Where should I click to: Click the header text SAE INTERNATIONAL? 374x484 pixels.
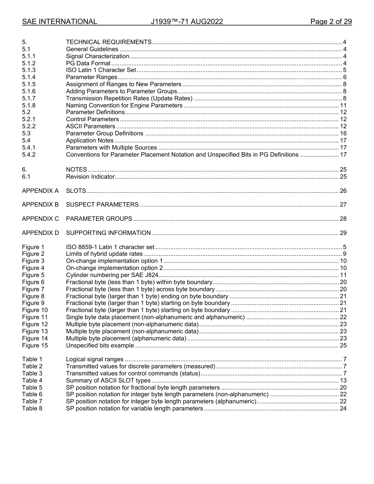[x=59, y=22]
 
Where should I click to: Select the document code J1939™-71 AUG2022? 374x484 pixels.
[x=187, y=22]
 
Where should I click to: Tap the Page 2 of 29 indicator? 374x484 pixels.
[x=331, y=22]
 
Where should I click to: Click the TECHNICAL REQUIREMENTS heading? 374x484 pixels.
[x=109, y=42]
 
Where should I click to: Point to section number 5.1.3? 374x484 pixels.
[x=29, y=70]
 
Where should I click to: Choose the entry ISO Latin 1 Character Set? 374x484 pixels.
[x=101, y=70]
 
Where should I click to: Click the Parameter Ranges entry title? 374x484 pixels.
[x=91, y=77]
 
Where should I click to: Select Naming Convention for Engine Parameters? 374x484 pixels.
[x=124, y=105]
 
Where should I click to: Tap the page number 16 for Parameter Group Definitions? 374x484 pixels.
[x=343, y=133]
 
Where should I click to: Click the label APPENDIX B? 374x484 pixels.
[x=40, y=205]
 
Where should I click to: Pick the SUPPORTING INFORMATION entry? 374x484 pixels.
[x=108, y=233]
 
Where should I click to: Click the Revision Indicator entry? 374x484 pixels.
[x=90, y=177]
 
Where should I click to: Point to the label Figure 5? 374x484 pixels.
[x=33, y=275]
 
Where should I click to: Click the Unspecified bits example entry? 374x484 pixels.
[x=100, y=345]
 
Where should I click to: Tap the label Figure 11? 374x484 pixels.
[x=35, y=317]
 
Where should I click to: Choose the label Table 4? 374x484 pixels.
[x=32, y=381]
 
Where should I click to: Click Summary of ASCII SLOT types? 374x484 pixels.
[x=108, y=381]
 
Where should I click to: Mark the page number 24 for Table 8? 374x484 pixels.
[x=343, y=408]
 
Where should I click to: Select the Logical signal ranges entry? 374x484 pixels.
[x=94, y=359]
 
